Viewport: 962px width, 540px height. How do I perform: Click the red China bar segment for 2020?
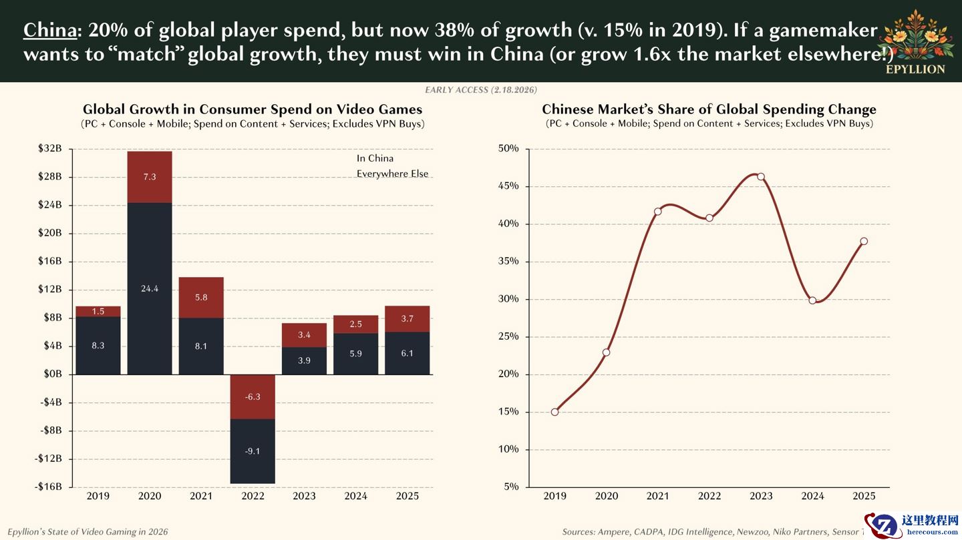point(150,177)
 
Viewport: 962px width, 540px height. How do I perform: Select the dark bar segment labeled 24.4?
point(150,288)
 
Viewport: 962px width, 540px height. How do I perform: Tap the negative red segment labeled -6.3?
point(253,396)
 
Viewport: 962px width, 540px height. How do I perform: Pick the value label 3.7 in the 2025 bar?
point(407,319)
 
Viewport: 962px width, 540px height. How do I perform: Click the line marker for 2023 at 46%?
point(761,177)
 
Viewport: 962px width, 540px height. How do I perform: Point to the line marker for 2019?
point(554,412)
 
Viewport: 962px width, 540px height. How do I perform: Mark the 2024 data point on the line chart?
point(812,300)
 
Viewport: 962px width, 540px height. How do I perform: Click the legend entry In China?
point(375,158)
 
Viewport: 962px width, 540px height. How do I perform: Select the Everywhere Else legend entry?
point(392,174)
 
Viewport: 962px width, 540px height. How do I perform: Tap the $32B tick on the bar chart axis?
point(50,149)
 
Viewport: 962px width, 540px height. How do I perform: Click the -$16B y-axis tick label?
point(48,487)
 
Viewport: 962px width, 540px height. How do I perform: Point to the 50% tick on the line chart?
point(508,149)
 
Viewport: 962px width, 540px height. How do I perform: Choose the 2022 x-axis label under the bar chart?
point(253,496)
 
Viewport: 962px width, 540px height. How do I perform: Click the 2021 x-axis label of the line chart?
point(658,496)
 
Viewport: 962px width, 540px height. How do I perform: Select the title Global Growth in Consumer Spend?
point(253,109)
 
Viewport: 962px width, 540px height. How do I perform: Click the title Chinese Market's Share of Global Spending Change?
point(709,109)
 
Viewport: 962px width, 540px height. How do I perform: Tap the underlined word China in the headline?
point(49,30)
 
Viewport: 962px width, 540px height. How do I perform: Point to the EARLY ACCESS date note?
point(481,89)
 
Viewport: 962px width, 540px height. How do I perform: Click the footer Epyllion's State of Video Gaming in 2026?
point(88,532)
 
